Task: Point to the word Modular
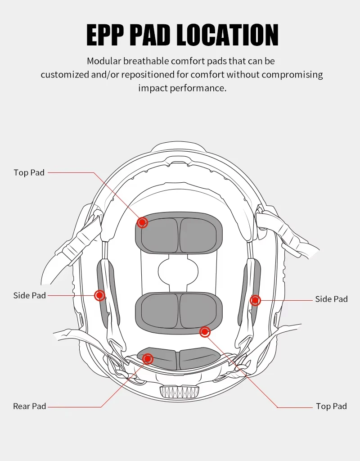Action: (104, 61)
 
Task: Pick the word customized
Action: (65, 74)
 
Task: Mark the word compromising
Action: (292, 74)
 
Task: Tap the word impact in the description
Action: (153, 88)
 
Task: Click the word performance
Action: (198, 88)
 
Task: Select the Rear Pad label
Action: (30, 407)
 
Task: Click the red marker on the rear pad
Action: (147, 359)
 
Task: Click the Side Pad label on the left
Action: (30, 296)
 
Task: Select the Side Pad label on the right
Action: (331, 299)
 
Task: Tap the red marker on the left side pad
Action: (99, 295)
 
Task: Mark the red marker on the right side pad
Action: (255, 300)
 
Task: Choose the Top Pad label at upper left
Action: (29, 173)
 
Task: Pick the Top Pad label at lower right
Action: (331, 407)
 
